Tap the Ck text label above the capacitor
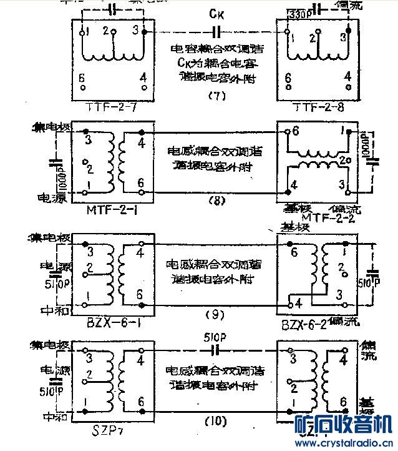coord(215,12)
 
